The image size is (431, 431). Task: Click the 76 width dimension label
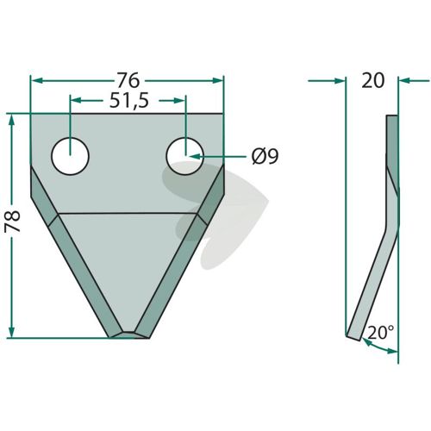tap(128, 80)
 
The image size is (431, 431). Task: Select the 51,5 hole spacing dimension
tap(129, 100)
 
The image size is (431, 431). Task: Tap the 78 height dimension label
tap(12, 222)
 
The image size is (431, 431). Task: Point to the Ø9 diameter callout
tap(265, 157)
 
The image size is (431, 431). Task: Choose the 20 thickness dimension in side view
tap(372, 80)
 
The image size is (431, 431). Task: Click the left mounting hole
tap(71, 156)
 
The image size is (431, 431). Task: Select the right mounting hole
tap(185, 156)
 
